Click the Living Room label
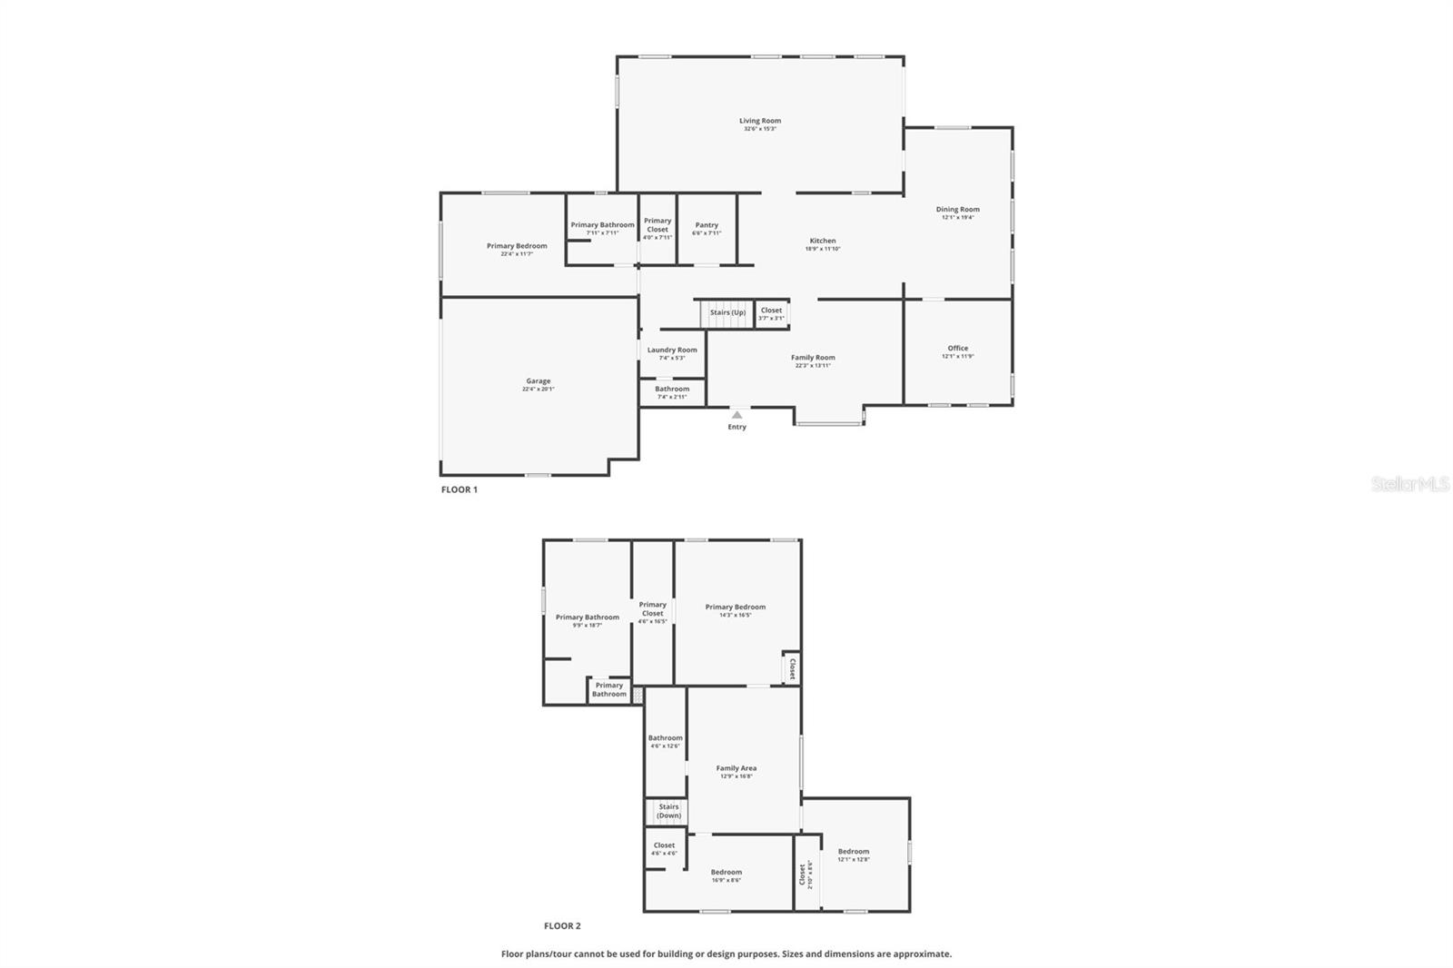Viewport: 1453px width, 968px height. click(759, 121)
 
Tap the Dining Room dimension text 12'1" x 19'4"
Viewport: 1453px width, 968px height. click(957, 218)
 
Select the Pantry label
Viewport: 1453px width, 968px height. click(707, 225)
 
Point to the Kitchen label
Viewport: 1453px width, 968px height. click(823, 241)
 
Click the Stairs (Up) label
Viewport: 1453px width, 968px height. click(727, 312)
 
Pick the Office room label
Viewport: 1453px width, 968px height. click(957, 348)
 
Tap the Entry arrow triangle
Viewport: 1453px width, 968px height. click(736, 415)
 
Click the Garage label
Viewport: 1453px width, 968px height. click(538, 381)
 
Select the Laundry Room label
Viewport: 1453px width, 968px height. click(672, 350)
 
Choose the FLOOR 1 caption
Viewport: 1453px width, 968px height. click(460, 489)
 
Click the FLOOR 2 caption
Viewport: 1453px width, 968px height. click(562, 926)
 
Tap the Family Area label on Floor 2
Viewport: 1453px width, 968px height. click(736, 768)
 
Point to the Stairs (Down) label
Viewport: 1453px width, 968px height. click(668, 811)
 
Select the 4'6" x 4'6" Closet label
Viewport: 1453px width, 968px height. click(664, 845)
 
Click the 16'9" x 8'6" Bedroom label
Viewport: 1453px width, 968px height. click(726, 873)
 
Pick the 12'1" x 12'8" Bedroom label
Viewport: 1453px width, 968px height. click(853, 852)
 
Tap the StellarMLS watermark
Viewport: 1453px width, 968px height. click(1409, 485)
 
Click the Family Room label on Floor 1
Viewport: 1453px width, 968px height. click(813, 358)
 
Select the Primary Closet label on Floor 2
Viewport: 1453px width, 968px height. click(652, 609)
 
